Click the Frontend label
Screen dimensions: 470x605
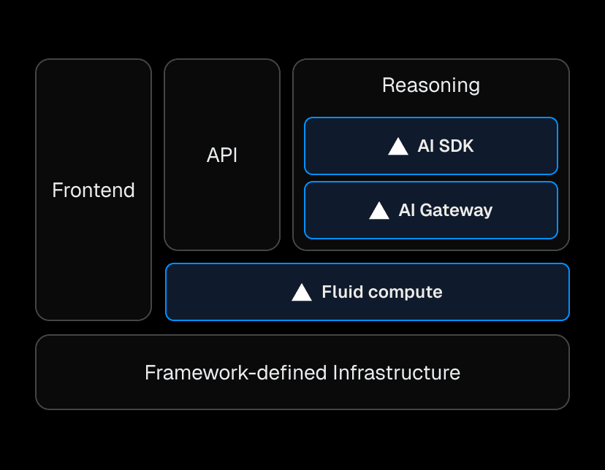click(94, 190)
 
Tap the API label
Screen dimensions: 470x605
click(222, 155)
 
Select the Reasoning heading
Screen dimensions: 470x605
click(431, 85)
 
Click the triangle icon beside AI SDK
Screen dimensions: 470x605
click(398, 147)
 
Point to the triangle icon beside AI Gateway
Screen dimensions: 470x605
click(379, 211)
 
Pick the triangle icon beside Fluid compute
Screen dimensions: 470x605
click(302, 293)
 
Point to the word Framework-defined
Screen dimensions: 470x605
click(236, 373)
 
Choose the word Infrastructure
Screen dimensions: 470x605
click(397, 373)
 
